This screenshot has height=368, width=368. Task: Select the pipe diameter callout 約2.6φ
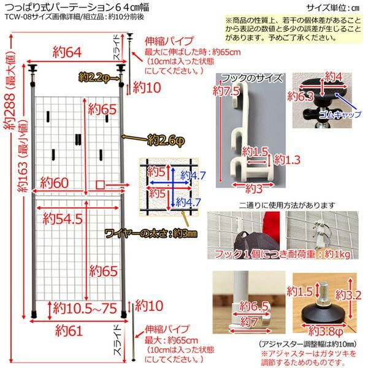coord(165,140)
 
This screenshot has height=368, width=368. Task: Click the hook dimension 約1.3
coord(286,161)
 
